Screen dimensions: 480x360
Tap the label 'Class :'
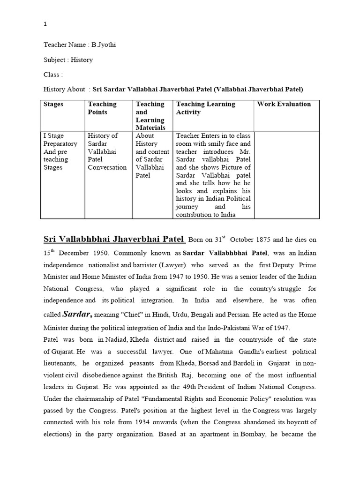click(53, 75)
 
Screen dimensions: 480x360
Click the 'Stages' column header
click(53, 104)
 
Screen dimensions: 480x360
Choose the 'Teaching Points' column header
click(102, 108)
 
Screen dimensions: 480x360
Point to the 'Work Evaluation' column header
click(284, 104)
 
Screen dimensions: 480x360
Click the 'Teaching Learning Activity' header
click(205, 108)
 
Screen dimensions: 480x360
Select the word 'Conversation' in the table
click(107, 167)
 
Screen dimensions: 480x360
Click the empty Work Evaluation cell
click(286, 174)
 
